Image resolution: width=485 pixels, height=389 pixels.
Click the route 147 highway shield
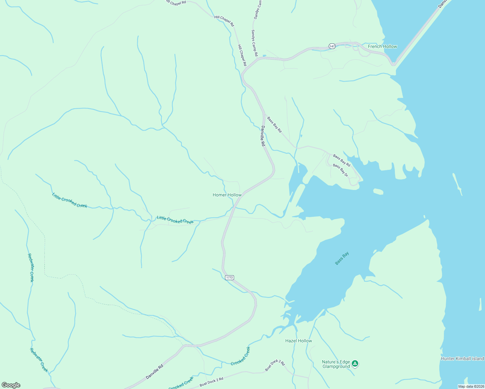tap(332, 46)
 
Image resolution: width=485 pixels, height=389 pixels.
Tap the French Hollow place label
tap(382, 46)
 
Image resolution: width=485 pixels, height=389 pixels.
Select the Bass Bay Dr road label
tap(340, 171)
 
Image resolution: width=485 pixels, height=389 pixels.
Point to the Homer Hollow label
tap(227, 195)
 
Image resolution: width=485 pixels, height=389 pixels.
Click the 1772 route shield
tap(229, 277)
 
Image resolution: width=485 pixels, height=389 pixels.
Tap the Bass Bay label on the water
tap(342, 258)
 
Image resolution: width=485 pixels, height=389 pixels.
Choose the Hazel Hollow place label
tap(299, 341)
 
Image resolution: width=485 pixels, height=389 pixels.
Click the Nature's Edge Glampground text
tap(336, 364)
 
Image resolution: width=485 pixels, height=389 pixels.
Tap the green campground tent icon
tap(355, 364)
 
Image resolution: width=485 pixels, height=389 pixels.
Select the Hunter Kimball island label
tap(462, 359)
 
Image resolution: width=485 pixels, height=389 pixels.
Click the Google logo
tap(11, 385)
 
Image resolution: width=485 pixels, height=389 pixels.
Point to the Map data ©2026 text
tap(471, 386)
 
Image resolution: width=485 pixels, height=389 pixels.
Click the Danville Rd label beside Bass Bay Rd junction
tap(263, 136)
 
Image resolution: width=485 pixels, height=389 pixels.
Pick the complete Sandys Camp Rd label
tap(254, 42)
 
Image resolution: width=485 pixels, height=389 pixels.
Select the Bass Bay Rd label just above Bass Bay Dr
tap(342, 160)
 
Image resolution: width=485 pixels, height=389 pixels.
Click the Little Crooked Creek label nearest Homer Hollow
tap(175, 220)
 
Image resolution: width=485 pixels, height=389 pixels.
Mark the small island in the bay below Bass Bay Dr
tap(378, 191)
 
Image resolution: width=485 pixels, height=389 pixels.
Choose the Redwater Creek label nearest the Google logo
tap(39, 360)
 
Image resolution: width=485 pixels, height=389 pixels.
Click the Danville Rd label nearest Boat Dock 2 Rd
tap(154, 372)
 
